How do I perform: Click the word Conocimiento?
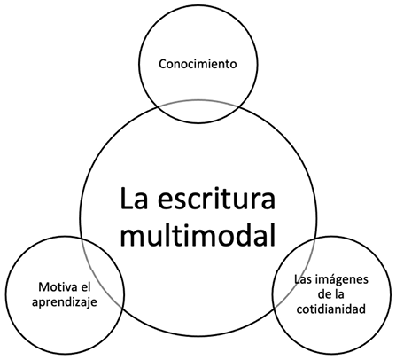198,64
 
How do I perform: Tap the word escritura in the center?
216,198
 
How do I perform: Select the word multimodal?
198,235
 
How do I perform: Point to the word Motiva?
56,286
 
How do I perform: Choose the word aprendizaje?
65,302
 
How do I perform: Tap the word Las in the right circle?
304,279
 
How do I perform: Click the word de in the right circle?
323,294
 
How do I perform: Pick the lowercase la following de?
339,294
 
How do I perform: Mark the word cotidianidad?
331,309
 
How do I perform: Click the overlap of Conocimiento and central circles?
198,112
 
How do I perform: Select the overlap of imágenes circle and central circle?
294,273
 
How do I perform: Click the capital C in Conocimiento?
162,64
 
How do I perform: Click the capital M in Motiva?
43,286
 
